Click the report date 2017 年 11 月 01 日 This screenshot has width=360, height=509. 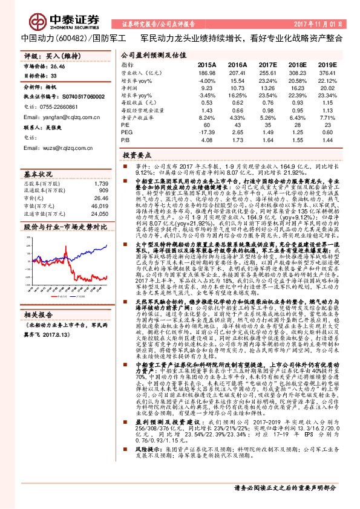click(x=322, y=24)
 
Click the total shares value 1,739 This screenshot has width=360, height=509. click(x=101, y=183)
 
